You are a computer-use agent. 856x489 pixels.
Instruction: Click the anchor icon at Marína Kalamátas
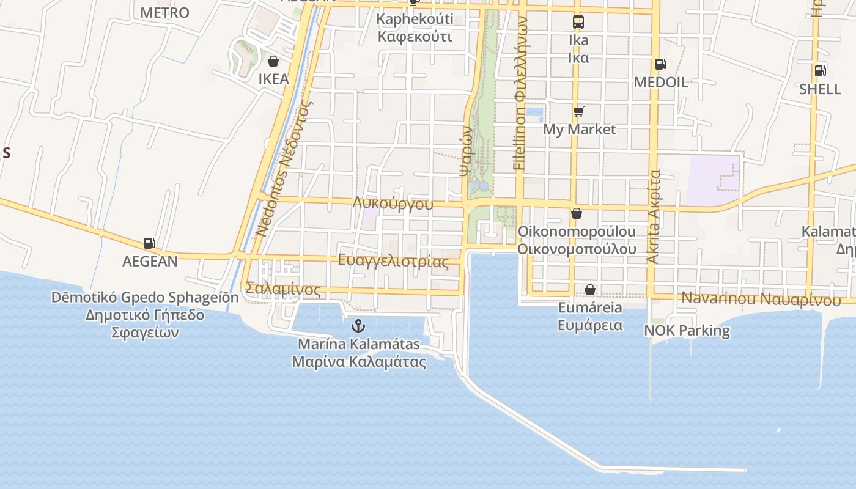click(358, 326)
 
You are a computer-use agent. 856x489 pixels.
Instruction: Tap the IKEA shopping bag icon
click(273, 61)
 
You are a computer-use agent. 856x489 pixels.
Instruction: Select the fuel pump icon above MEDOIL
click(660, 64)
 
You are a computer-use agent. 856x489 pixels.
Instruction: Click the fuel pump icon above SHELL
click(820, 70)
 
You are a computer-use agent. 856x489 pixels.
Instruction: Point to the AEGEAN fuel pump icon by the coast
click(150, 243)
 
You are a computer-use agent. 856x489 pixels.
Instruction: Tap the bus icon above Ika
click(578, 22)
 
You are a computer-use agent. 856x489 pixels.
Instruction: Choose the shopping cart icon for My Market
click(578, 111)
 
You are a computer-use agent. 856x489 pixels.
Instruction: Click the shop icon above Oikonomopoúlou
click(576, 214)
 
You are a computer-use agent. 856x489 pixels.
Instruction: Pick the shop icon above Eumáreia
click(589, 290)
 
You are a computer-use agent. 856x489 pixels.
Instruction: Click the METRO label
click(164, 13)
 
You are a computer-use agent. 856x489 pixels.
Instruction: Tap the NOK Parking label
click(687, 331)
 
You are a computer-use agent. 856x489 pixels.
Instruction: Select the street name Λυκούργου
click(393, 204)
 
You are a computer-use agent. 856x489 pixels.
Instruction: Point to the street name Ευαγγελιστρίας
click(393, 261)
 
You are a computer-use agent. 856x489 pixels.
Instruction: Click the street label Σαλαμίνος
click(283, 289)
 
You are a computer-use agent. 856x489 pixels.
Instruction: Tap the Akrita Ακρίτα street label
click(654, 217)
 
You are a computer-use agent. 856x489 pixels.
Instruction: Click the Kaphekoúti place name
click(415, 19)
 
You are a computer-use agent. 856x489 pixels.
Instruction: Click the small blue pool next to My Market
click(534, 114)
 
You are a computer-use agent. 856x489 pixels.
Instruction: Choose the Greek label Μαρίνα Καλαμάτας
click(359, 361)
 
